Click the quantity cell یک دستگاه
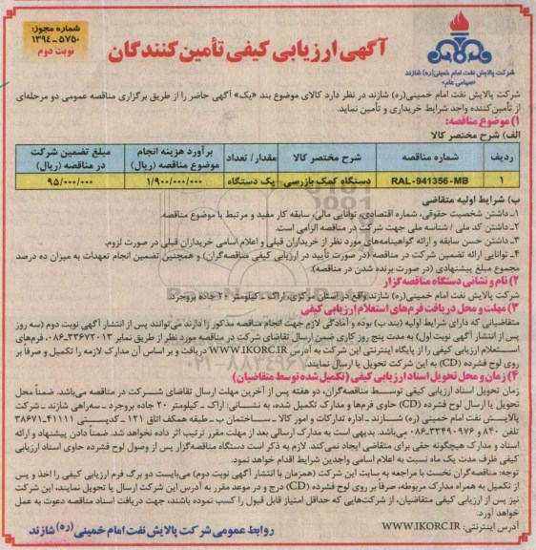(x=245, y=178)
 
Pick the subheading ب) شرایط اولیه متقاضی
(x=478, y=198)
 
